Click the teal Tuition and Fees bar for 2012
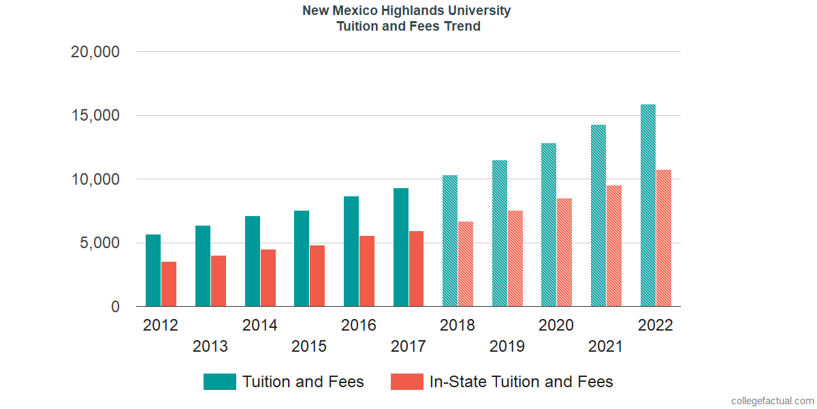(153, 271)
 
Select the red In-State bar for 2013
(219, 281)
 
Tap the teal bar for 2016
(351, 252)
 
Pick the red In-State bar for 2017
(416, 269)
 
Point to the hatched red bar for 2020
(564, 252)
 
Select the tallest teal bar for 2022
(648, 205)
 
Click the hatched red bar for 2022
(664, 238)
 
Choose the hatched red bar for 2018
(466, 264)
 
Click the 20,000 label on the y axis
(95, 52)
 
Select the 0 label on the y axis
(115, 307)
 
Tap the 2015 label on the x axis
(309, 347)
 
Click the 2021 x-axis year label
(606, 347)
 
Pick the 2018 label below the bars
(458, 325)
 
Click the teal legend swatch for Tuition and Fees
(220, 382)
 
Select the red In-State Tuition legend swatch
(407, 382)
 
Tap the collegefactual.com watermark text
(772, 401)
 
